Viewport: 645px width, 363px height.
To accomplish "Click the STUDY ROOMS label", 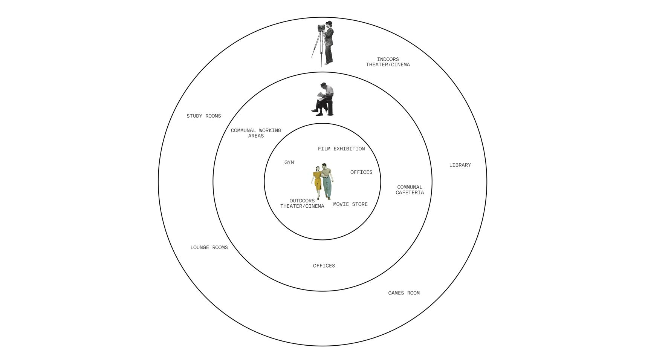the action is coord(203,116).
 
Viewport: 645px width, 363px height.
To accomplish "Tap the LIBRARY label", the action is coord(460,165).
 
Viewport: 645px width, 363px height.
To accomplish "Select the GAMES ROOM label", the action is coord(404,293).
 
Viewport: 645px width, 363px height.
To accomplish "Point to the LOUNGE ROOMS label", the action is coord(209,248).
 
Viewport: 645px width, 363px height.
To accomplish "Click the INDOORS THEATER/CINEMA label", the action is coord(388,62).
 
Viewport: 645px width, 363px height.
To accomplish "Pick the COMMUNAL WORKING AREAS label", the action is coord(256,133).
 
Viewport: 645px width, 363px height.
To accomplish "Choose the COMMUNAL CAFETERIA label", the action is coord(410,190).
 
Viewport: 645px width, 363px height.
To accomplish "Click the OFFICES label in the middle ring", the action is coord(324,266).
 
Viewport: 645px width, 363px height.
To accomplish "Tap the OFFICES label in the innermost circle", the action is coord(361,172).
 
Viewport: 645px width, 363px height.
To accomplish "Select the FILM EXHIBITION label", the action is coord(341,149).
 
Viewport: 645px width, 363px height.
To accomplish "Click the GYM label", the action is coord(289,162).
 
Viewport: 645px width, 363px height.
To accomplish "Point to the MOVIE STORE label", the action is coord(350,204).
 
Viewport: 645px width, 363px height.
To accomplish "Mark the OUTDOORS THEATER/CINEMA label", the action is coord(302,204).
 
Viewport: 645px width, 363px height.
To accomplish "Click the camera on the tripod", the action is coord(321,28).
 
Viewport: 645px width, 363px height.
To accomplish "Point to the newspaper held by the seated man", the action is coord(321,95).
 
